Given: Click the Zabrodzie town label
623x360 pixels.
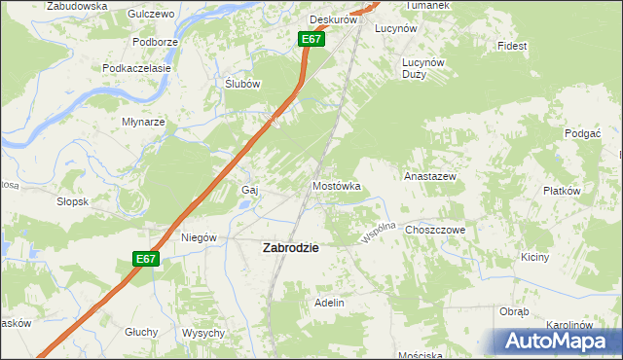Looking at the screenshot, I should point(291,248).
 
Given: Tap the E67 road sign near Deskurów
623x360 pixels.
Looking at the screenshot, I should point(311,39).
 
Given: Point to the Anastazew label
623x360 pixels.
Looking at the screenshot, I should point(430,177).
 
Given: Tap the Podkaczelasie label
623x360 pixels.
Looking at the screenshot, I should point(137,69).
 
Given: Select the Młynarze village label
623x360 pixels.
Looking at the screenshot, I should point(143,123).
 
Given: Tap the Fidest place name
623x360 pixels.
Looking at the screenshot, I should point(511,46).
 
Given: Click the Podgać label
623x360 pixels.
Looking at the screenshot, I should point(581,132).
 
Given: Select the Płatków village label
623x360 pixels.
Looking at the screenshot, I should point(562,192).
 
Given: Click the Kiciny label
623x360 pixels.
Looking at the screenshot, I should point(535,258).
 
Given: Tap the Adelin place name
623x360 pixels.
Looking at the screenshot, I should point(329,304).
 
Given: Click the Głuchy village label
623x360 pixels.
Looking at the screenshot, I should point(141,332).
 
